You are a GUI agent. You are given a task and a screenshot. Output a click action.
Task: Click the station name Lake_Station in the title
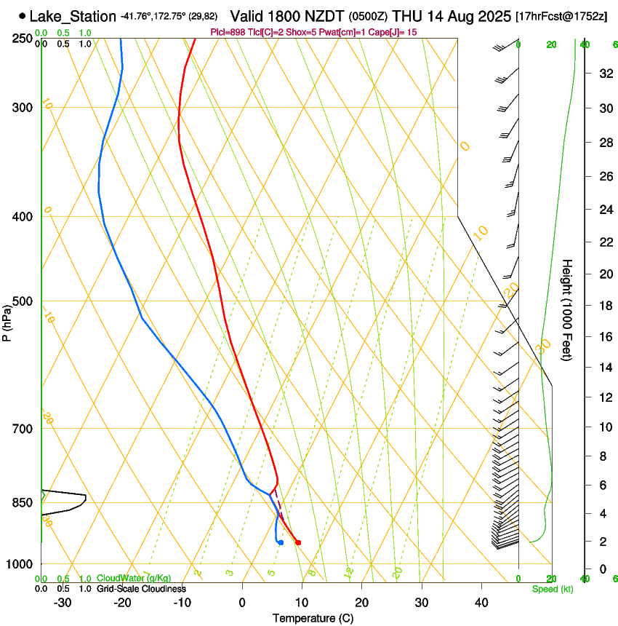click(73, 16)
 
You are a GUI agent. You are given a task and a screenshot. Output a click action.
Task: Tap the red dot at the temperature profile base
click(298, 542)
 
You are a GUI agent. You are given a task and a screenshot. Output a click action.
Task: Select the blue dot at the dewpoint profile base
click(281, 542)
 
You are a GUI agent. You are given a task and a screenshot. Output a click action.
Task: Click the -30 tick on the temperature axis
click(63, 603)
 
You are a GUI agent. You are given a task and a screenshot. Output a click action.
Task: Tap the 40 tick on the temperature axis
click(481, 603)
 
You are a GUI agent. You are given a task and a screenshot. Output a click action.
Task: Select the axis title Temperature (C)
click(313, 618)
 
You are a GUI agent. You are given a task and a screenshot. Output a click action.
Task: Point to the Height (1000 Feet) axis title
click(568, 310)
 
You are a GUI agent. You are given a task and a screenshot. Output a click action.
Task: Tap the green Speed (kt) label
click(553, 589)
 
